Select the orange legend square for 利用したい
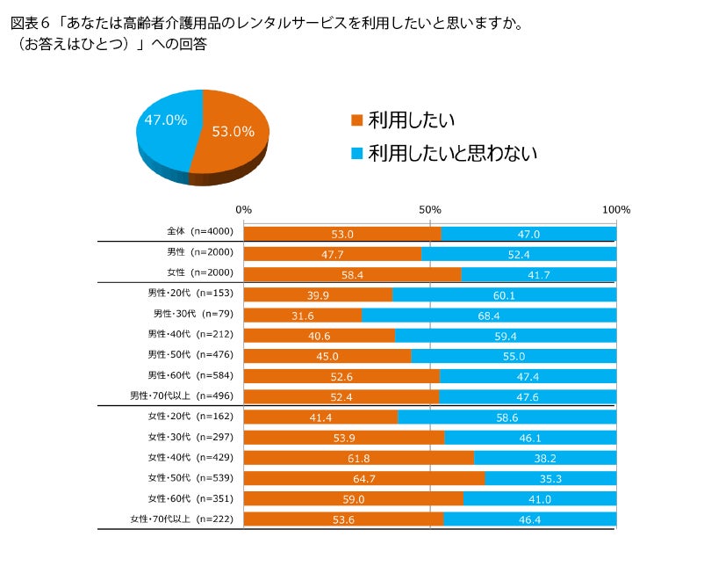(x=356, y=120)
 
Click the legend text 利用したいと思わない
(x=453, y=153)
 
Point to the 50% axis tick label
(x=429, y=210)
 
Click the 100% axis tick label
(x=616, y=210)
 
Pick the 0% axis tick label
(x=244, y=210)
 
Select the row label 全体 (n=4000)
(x=199, y=233)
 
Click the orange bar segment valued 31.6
(x=302, y=315)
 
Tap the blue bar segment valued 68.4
(x=489, y=315)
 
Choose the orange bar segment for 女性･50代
(x=363, y=478)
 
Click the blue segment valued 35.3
(x=550, y=478)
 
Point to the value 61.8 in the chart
(x=358, y=458)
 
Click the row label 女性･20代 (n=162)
(x=190, y=417)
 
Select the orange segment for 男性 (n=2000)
(x=332, y=254)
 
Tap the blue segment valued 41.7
(x=538, y=274)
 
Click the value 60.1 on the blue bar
(x=504, y=294)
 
